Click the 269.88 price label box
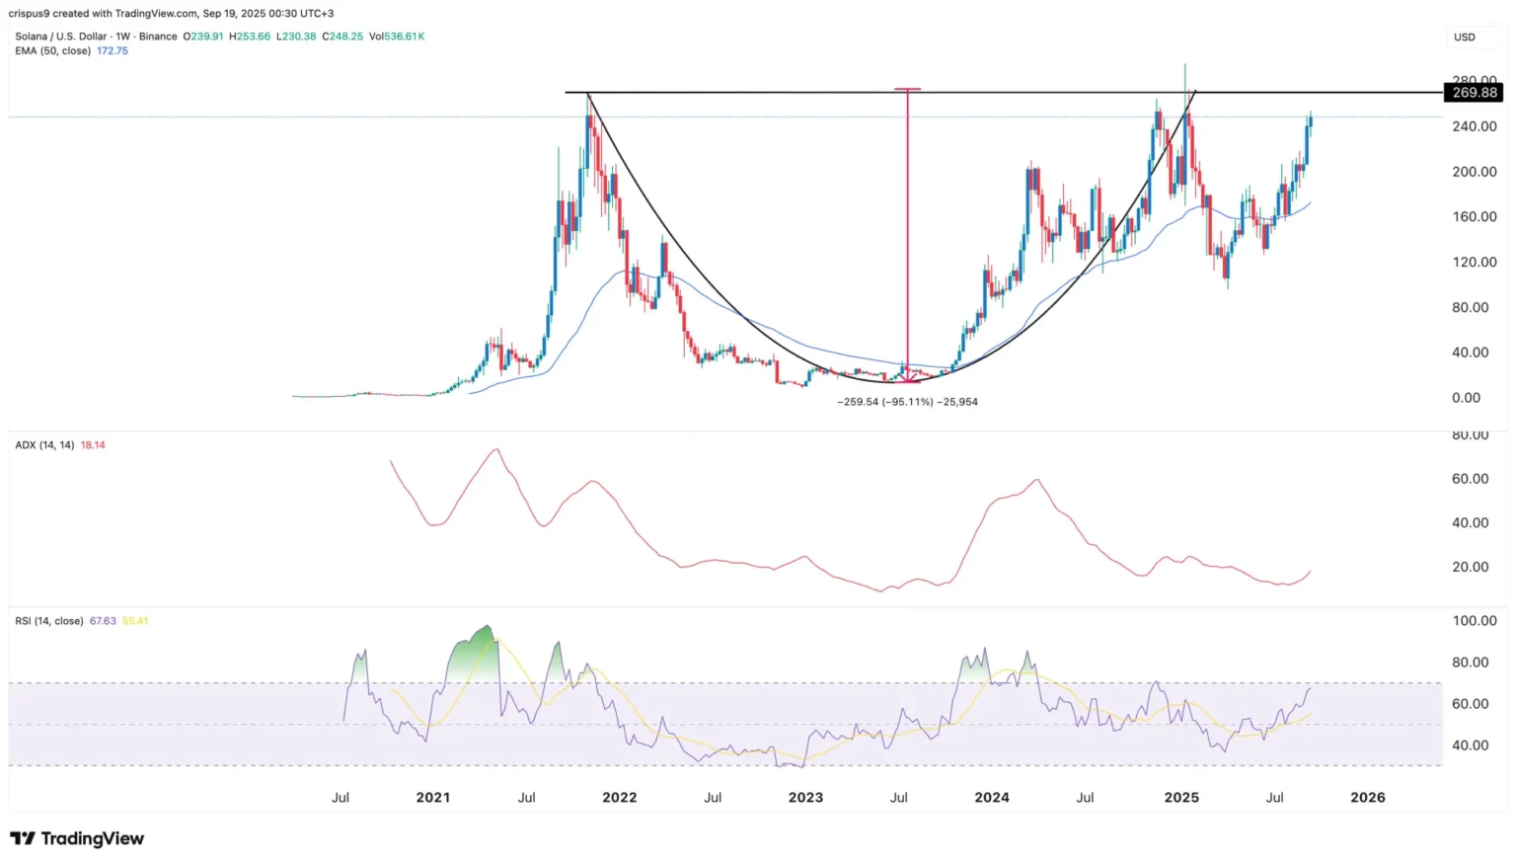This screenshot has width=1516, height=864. click(x=1474, y=93)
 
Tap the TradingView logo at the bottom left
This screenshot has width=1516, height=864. click(x=77, y=838)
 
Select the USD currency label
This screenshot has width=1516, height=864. click(x=1464, y=38)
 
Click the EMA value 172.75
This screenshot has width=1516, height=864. click(x=113, y=51)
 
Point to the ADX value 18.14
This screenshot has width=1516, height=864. click(x=93, y=445)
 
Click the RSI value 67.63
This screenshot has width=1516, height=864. click(x=103, y=621)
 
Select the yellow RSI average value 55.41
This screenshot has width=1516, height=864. click(x=135, y=621)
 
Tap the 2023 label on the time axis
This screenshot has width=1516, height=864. click(x=805, y=798)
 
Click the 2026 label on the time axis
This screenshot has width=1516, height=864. click(x=1367, y=798)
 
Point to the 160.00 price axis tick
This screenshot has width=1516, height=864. click(x=1474, y=217)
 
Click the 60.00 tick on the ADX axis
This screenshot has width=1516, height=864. click(x=1470, y=479)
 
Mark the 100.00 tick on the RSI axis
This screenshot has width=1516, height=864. click(x=1474, y=621)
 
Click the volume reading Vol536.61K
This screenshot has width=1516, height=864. click(x=397, y=37)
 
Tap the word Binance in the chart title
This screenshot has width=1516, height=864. click(x=158, y=37)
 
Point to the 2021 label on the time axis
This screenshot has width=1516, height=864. click(x=432, y=798)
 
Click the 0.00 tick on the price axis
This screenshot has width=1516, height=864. click(x=1466, y=398)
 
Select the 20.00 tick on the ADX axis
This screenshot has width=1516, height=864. click(x=1470, y=567)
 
